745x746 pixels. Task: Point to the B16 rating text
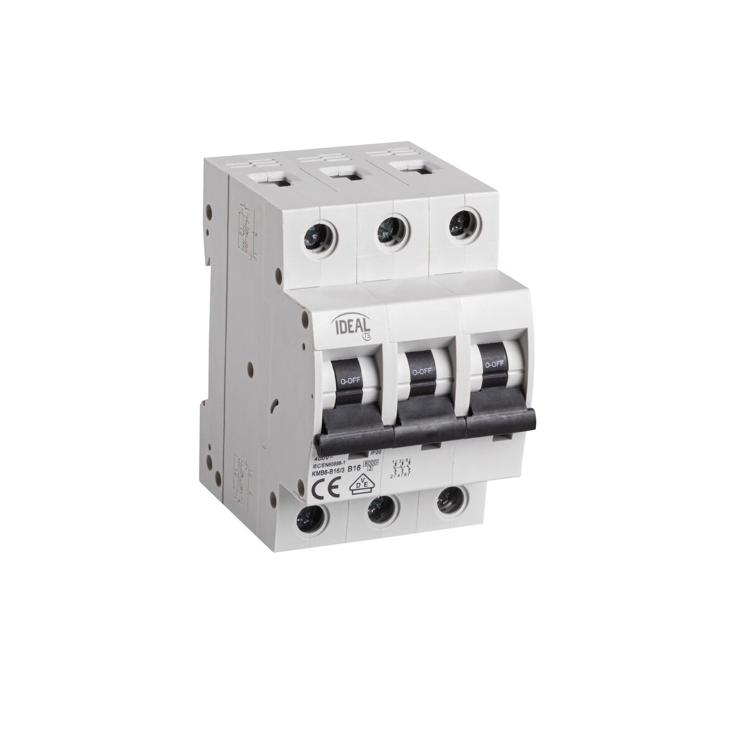355,469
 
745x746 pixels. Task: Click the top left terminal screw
319,239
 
